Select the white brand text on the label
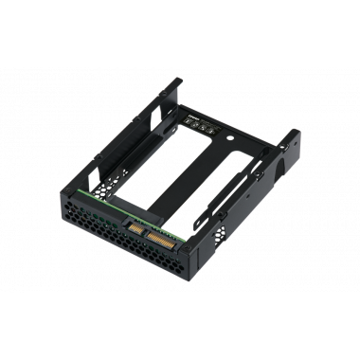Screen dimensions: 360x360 (x=194, y=120)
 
